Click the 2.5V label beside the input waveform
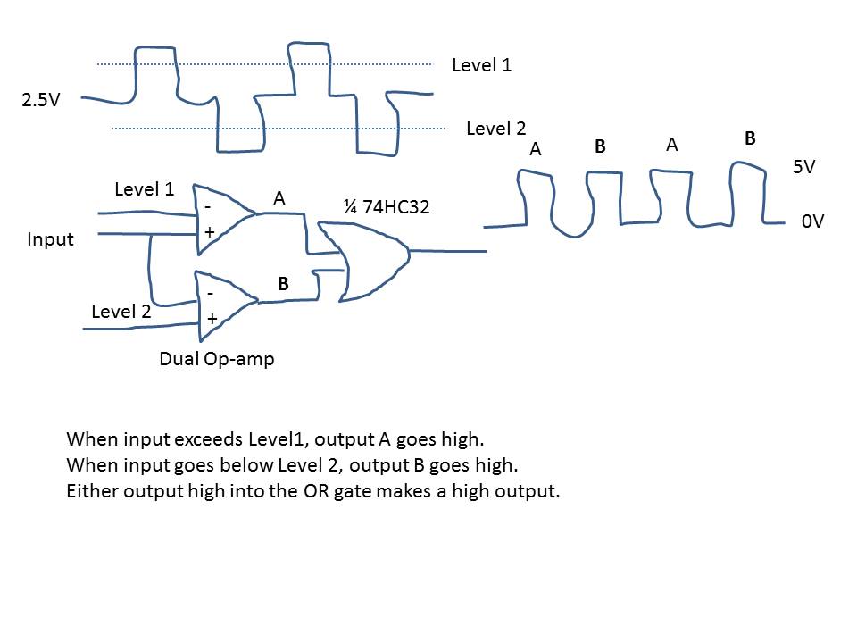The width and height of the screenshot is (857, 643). (x=41, y=99)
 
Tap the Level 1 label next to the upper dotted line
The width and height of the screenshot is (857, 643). (x=481, y=64)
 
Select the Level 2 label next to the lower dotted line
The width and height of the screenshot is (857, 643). (x=495, y=129)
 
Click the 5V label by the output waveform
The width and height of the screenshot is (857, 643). (x=803, y=167)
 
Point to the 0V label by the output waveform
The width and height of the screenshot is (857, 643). (x=811, y=221)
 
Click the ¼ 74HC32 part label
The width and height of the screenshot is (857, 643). (x=387, y=206)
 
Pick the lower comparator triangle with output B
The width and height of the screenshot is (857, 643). (x=222, y=305)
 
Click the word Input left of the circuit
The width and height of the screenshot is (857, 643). (x=50, y=239)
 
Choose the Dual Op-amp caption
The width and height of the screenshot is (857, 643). (x=216, y=359)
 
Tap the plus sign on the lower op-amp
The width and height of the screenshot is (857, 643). (x=212, y=318)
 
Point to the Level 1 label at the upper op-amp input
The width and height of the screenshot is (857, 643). (x=145, y=189)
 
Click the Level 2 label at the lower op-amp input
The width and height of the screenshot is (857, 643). (x=121, y=312)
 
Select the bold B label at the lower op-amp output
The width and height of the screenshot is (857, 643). (x=283, y=284)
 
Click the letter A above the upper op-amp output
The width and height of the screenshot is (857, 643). (x=279, y=199)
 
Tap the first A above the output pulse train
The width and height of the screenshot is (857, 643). (x=536, y=150)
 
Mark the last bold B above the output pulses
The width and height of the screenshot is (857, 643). (x=750, y=138)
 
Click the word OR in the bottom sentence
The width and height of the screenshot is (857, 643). (x=320, y=491)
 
